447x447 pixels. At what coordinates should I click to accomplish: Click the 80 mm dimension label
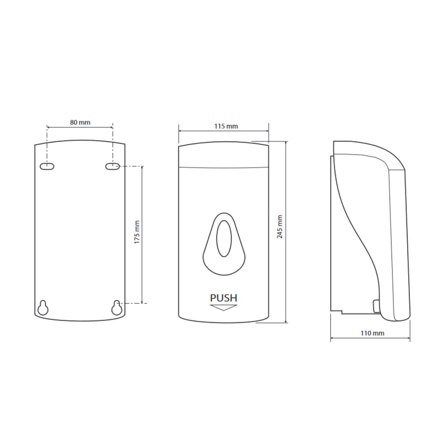pos(80,122)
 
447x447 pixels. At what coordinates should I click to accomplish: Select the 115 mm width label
pos(226,127)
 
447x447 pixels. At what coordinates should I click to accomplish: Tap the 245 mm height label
pos(280,227)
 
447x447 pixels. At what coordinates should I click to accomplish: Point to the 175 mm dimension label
pos(137,232)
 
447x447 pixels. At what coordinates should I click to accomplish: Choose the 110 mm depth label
pos(372,333)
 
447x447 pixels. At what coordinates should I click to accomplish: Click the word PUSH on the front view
pos(223,298)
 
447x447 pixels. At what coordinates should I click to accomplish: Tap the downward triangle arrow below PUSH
pos(223,308)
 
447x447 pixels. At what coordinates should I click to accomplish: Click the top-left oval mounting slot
pos(47,166)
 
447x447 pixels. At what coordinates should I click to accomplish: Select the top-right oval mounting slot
pos(113,166)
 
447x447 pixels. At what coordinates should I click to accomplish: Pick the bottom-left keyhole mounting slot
pos(43,308)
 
